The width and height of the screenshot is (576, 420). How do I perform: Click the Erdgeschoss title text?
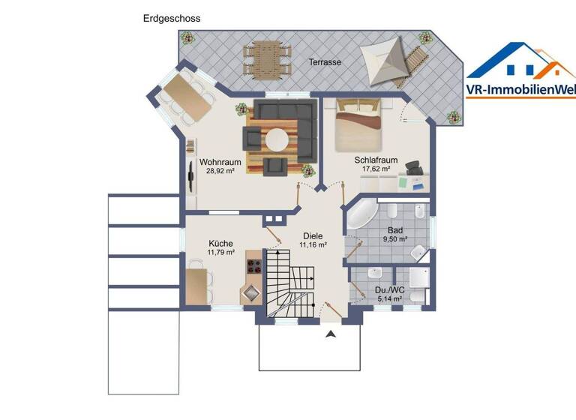pyautogui.click(x=172, y=18)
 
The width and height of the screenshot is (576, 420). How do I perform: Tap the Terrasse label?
pyautogui.click(x=325, y=62)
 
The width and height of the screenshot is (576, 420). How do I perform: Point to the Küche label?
pyautogui.click(x=220, y=243)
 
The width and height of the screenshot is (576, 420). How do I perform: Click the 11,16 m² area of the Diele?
pyautogui.click(x=313, y=244)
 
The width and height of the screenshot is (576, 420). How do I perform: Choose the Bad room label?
pyautogui.click(x=395, y=230)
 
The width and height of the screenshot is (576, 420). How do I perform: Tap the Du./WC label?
pyautogui.click(x=388, y=289)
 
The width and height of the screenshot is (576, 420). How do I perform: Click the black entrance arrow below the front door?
pyautogui.click(x=329, y=334)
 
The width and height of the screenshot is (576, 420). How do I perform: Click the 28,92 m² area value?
pyautogui.click(x=220, y=171)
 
